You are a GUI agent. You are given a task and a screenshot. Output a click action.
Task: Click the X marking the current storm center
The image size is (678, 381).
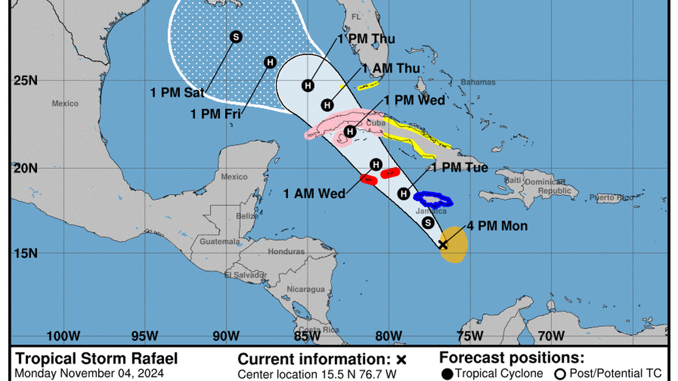coord(443,244)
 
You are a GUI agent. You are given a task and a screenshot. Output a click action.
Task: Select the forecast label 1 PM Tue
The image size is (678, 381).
coord(459,168)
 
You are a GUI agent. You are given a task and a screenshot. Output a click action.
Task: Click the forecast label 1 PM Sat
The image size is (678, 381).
coord(177,92)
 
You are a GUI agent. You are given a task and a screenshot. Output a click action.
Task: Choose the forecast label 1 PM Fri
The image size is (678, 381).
coord(215,114)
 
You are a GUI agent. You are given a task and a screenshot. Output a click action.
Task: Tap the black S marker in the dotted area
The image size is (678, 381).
coord(236,37)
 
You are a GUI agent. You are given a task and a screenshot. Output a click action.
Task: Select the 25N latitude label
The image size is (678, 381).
coord(26,80)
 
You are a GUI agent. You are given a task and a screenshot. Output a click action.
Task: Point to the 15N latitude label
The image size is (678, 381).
coord(26,254)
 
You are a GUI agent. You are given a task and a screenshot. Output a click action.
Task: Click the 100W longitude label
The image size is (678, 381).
coord(63,336)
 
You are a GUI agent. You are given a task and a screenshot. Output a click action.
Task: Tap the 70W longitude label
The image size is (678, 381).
coord(550,336)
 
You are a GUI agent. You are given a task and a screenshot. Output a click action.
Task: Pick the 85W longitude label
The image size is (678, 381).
coord(307,336)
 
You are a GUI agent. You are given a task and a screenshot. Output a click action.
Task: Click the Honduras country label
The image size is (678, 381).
coord(286,251)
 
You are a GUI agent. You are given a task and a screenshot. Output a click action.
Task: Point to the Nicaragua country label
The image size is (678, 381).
coord(306,289)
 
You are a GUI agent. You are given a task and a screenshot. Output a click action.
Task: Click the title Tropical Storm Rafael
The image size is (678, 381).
coord(96,359)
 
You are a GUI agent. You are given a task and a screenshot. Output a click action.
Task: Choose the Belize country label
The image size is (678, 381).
coord(247,216)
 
